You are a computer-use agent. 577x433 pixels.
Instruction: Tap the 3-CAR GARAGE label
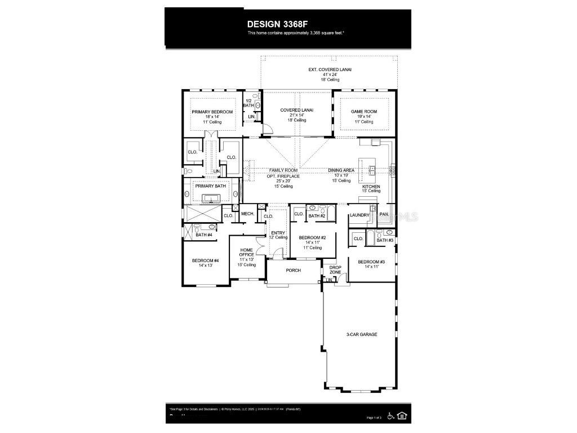(x=362, y=334)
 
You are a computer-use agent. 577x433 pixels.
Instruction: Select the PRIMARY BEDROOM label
(x=212, y=112)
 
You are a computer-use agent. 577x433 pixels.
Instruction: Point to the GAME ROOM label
(x=364, y=112)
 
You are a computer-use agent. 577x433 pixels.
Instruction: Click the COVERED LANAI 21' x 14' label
(x=297, y=111)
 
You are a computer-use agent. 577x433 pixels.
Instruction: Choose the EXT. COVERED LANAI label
(x=330, y=69)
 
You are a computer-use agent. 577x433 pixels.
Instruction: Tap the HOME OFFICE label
(x=247, y=252)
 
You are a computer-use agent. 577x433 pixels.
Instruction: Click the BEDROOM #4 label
(x=205, y=260)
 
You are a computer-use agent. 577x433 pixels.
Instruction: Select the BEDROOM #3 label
(x=371, y=262)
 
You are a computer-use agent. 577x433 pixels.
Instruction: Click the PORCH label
(x=294, y=270)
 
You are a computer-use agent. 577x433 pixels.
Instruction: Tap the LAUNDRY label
(x=359, y=215)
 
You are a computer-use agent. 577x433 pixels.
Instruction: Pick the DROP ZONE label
(x=335, y=269)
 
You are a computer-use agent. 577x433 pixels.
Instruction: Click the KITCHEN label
(x=371, y=187)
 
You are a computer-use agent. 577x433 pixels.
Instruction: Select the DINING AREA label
(x=341, y=170)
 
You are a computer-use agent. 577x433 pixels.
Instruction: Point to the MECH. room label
(x=247, y=214)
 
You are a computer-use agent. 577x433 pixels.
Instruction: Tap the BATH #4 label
(x=204, y=235)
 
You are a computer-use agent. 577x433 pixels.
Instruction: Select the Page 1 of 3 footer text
(x=374, y=417)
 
